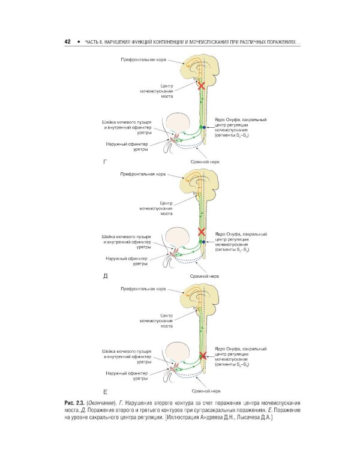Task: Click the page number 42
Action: click(68, 42)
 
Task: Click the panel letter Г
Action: click(106, 162)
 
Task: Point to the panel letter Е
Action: click(106, 391)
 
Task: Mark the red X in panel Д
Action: click(202, 232)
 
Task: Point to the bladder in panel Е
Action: click(179, 353)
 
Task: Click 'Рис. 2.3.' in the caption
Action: click(75, 401)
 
